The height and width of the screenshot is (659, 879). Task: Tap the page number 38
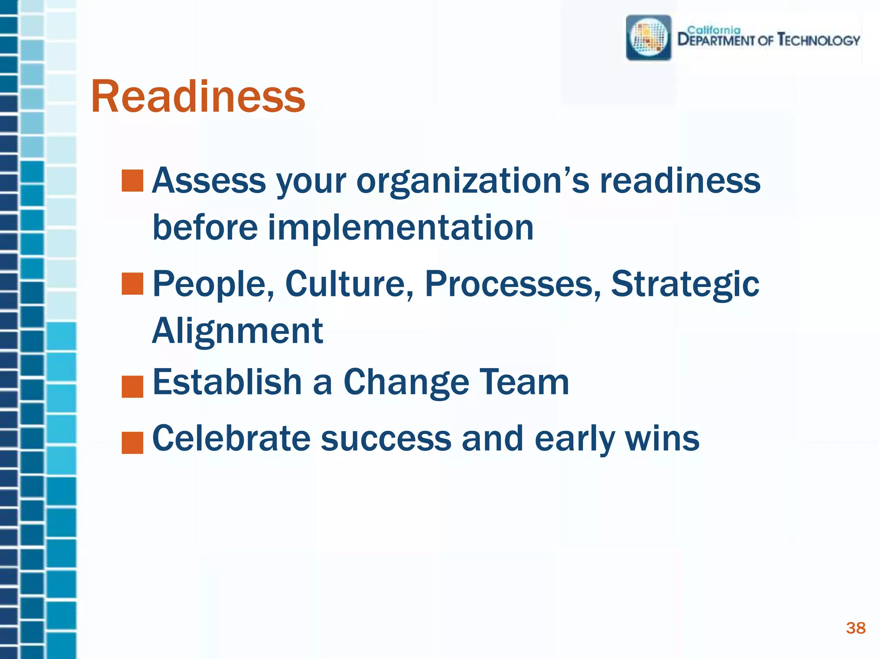(855, 628)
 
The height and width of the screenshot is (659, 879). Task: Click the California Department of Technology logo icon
(649, 38)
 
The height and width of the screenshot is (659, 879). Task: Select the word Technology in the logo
(819, 40)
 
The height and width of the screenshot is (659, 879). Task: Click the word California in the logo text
(714, 30)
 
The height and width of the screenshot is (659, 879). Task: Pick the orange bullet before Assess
(132, 181)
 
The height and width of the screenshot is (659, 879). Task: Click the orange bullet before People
(132, 284)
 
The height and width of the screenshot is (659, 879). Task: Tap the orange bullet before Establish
(132, 387)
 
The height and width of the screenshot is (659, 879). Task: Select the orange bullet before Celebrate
(132, 442)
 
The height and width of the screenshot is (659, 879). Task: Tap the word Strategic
(685, 284)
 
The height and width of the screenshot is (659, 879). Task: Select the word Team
(524, 382)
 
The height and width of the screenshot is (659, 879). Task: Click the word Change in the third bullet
(406, 382)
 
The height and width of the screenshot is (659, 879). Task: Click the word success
(386, 438)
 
